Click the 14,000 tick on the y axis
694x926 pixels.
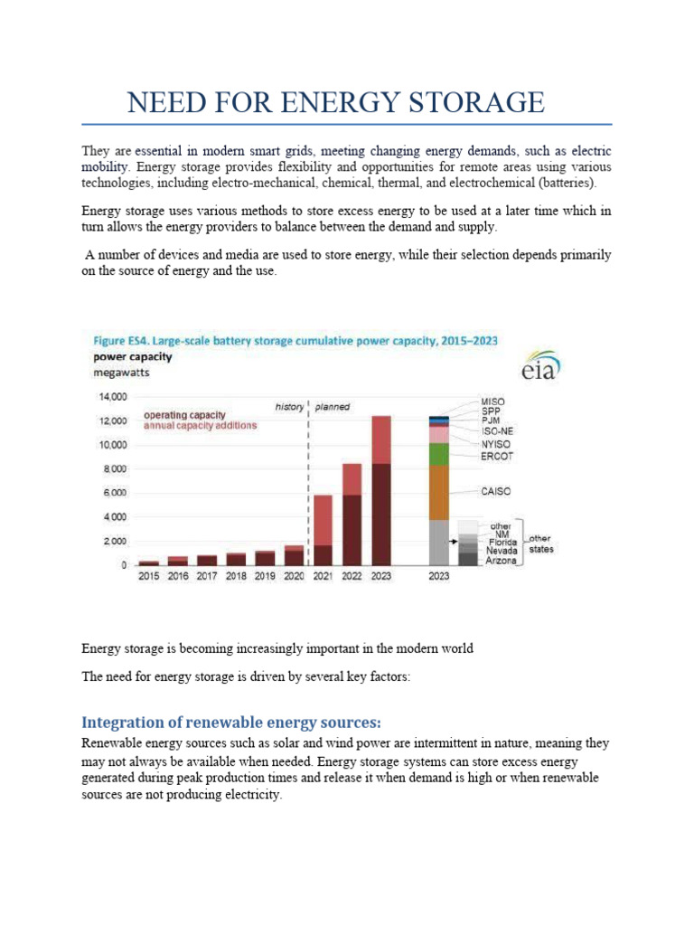tap(113, 397)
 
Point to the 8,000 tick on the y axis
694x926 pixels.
tap(115, 469)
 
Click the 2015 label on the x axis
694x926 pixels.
tap(148, 576)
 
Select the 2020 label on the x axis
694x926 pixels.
tap(294, 576)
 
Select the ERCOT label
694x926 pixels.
tap(497, 457)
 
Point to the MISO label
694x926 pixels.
tap(493, 401)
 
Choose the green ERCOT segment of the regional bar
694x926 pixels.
tap(439, 454)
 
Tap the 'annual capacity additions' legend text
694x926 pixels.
tap(201, 426)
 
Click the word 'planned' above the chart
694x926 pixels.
tap(332, 407)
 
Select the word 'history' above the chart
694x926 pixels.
tap(289, 407)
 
